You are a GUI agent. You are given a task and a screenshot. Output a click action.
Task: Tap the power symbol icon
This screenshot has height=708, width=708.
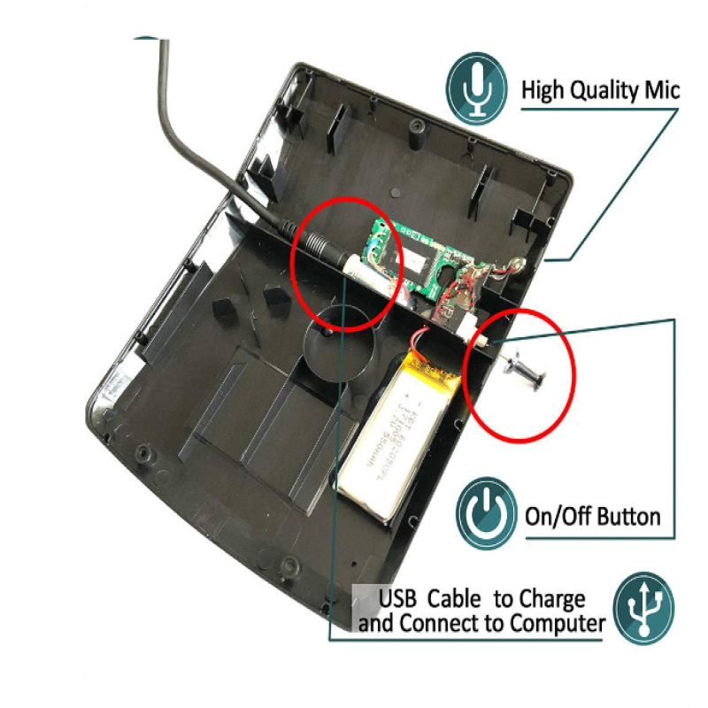point(487,513)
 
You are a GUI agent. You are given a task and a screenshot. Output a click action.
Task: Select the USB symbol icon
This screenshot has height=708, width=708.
point(643,608)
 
